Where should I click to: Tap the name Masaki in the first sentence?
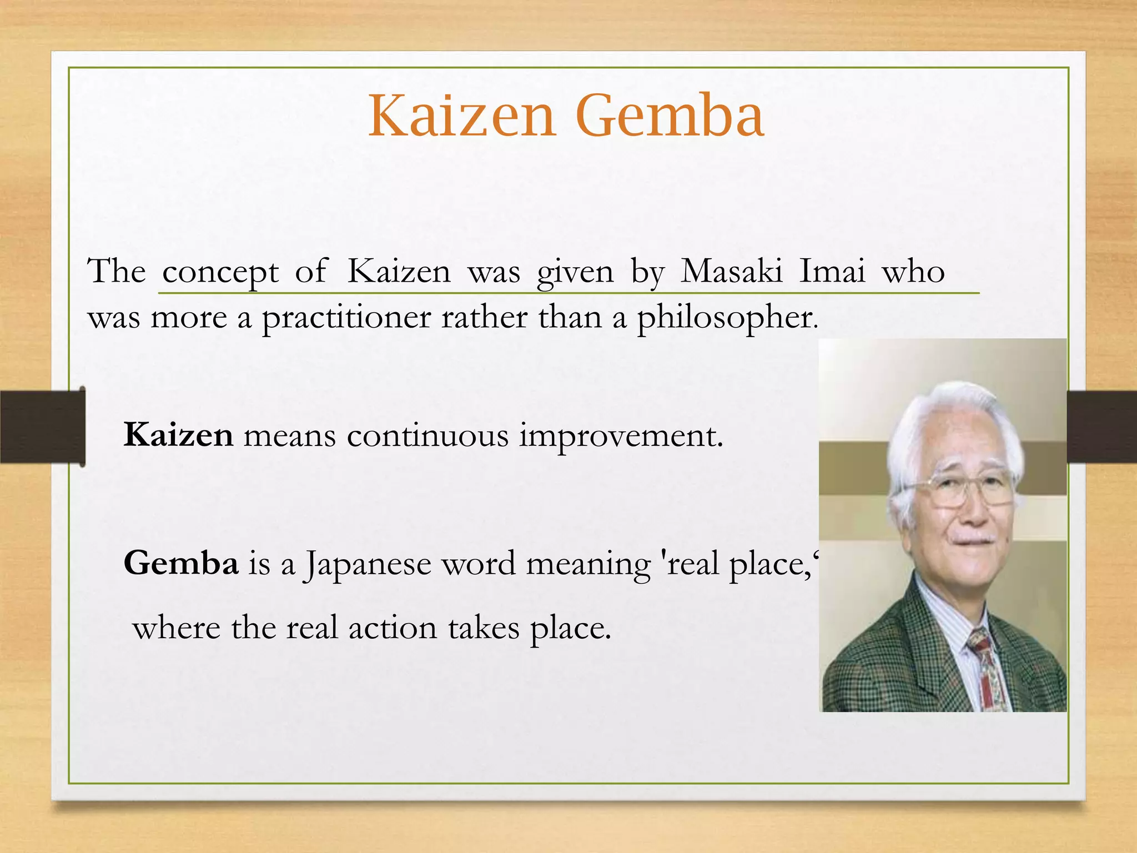[x=731, y=272]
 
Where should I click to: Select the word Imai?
[x=832, y=272]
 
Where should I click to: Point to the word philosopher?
[x=727, y=319]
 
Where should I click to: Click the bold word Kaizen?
[x=178, y=435]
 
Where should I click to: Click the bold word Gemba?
[x=181, y=563]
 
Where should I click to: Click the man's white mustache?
[x=975, y=538]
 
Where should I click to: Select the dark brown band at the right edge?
[x=1101, y=426]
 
